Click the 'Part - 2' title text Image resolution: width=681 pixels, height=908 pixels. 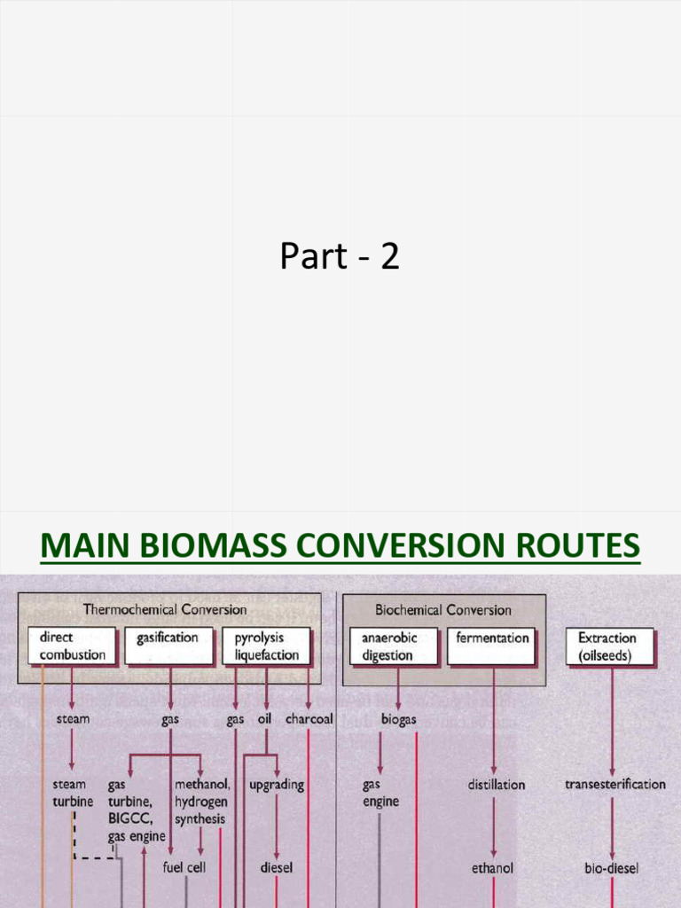coord(340,256)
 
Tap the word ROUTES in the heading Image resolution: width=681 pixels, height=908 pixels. coord(575,544)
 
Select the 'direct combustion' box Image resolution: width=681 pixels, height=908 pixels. coord(72,646)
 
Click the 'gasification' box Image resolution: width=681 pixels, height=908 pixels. coord(168,646)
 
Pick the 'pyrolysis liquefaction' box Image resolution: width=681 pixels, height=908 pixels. coord(266,646)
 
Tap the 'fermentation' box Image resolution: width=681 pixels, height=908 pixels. coord(491,646)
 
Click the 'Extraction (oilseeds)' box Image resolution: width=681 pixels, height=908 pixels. coord(610,646)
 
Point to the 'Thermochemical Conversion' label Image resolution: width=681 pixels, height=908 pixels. coord(165,609)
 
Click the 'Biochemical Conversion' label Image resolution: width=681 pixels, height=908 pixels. coord(443,610)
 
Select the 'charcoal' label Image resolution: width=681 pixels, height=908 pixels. coord(309,719)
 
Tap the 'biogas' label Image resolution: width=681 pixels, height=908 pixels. coord(398,720)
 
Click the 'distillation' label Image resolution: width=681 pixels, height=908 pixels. coord(496,785)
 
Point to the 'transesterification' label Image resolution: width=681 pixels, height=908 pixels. coord(614,785)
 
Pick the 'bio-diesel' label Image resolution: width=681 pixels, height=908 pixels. coord(611,868)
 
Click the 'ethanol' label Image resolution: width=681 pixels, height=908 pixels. coord(492,868)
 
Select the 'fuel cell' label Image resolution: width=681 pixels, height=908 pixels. coord(184,867)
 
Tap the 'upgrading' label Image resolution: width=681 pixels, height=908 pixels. coord(277,785)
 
